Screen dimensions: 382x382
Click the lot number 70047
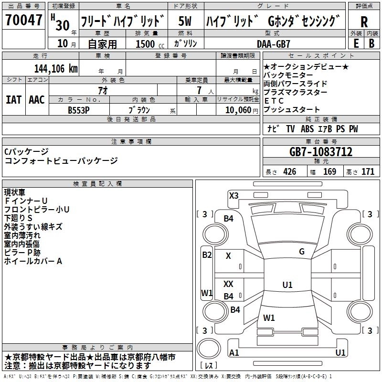pyautogui.click(x=23, y=20)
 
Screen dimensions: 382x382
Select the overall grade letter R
pyautogui.click(x=364, y=22)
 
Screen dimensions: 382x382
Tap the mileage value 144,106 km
pyautogui.click(x=56, y=69)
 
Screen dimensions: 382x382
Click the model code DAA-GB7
pyautogui.click(x=273, y=44)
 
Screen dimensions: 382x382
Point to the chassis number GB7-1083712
pyautogui.click(x=320, y=152)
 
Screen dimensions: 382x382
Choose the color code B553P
pyautogui.click(x=78, y=110)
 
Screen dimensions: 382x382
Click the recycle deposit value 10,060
pyautogui.click(x=238, y=110)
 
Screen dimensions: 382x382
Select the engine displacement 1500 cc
pyautogui.click(x=150, y=44)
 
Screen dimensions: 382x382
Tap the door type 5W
pyautogui.click(x=185, y=21)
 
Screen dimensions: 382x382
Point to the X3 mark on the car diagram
pyautogui.click(x=233, y=196)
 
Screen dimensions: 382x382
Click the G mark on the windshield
pyautogui.click(x=302, y=252)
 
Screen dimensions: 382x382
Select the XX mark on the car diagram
pyautogui.click(x=228, y=284)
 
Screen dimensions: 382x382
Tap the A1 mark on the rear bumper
pyautogui.click(x=234, y=352)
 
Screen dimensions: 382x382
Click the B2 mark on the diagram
pyautogui.click(x=207, y=255)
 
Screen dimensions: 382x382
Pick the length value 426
pyautogui.click(x=290, y=172)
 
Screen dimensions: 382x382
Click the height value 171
pyautogui.click(x=368, y=172)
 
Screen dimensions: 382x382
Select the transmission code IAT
pyautogui.click(x=13, y=100)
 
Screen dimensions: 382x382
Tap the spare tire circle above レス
pyautogui.click(x=209, y=349)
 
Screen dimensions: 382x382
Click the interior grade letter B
pyautogui.click(x=371, y=43)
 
